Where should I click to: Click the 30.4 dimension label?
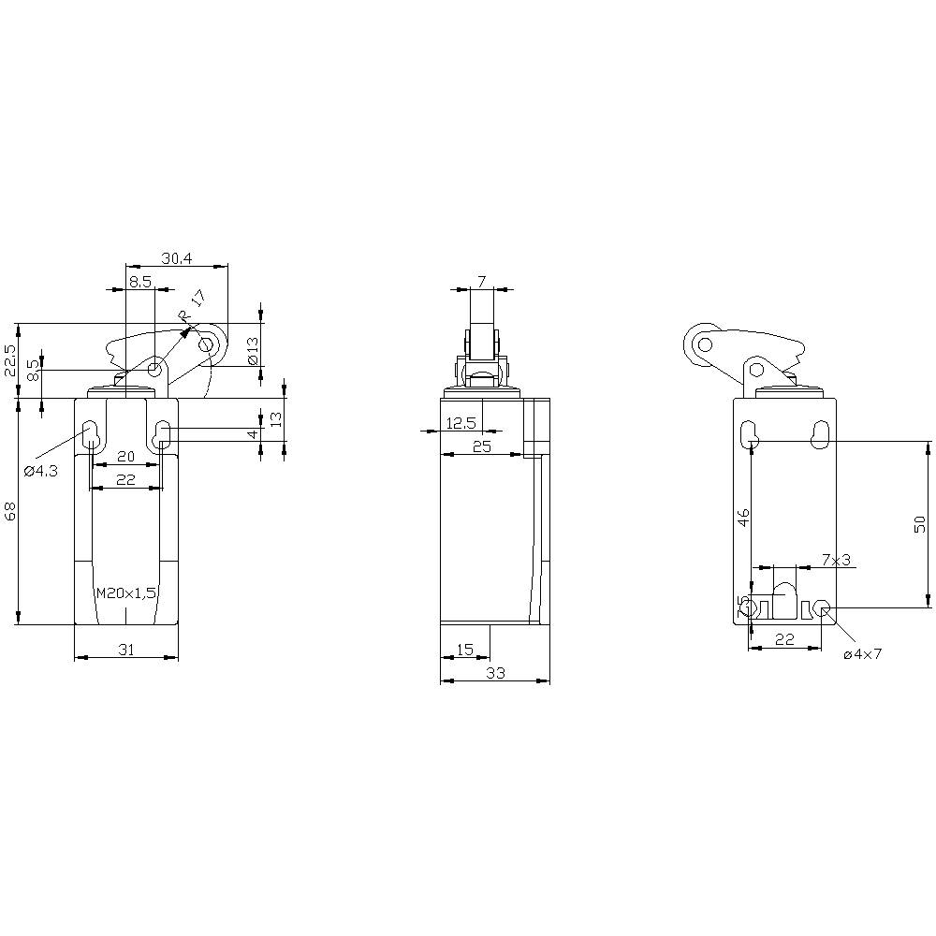178,257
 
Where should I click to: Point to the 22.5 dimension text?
10,360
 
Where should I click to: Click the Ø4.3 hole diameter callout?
41,470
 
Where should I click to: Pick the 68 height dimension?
10,511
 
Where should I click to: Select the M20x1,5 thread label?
125,593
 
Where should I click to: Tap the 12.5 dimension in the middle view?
460,423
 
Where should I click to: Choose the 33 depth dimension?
495,671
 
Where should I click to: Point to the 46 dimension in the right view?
743,519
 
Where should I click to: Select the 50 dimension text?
919,523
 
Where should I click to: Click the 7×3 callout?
836,560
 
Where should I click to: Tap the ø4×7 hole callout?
862,654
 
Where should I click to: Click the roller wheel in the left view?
208,345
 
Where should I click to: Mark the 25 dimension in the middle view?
482,446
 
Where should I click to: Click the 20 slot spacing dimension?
125,456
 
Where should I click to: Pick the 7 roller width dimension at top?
481,281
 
